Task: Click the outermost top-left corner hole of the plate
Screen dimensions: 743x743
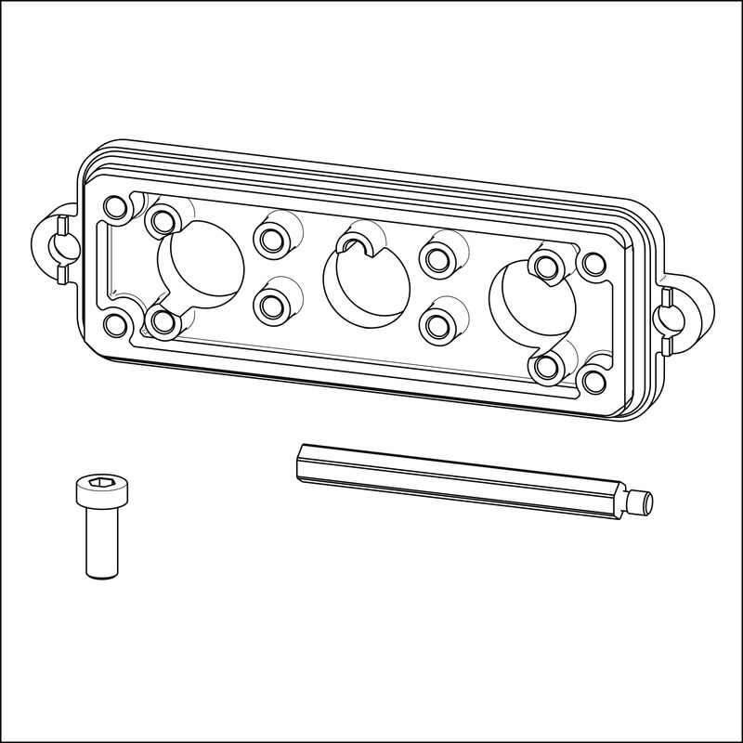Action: (x=116, y=206)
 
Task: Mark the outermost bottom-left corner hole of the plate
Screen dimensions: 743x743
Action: (x=116, y=325)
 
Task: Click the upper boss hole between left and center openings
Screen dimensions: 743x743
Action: (x=272, y=239)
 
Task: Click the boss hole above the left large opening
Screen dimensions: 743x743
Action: (x=163, y=220)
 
